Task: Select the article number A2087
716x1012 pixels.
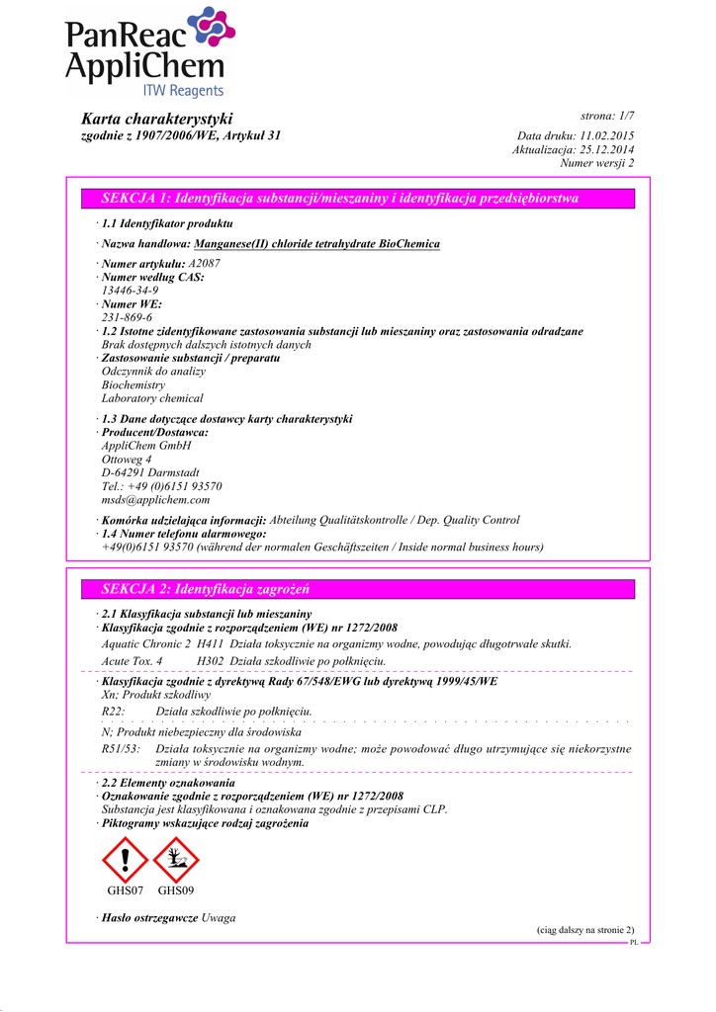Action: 205,263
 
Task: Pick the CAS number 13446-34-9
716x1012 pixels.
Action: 130,291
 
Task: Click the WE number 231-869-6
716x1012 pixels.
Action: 127,318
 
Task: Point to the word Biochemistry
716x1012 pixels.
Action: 134,384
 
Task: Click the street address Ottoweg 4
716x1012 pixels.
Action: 127,460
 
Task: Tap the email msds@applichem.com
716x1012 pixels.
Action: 155,500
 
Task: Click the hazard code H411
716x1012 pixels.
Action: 211,643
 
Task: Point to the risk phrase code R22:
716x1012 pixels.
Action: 113,712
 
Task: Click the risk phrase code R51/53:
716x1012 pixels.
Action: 121,749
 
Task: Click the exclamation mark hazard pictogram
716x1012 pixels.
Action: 125,859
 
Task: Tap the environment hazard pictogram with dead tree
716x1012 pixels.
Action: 176,859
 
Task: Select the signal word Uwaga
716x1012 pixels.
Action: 219,918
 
